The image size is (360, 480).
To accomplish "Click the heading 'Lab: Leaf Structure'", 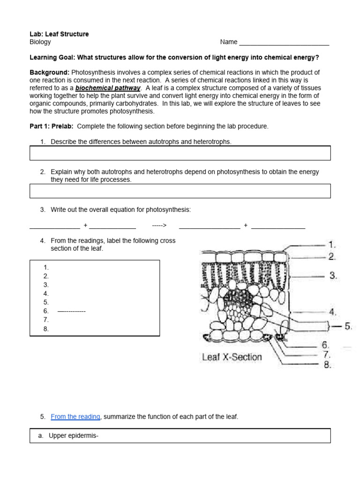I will (59, 34).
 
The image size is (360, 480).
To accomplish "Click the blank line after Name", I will (284, 43).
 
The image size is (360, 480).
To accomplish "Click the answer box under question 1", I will (180, 153).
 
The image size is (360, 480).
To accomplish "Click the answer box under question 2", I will (180, 191).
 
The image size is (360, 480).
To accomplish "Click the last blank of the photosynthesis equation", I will (278, 226).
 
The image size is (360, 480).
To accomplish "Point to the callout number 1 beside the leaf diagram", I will (332, 245).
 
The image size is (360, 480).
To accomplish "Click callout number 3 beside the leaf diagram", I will (333, 276).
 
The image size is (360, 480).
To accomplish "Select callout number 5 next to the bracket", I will (348, 326).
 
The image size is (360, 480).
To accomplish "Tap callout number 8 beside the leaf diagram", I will (327, 365).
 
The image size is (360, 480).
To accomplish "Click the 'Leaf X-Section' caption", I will (232, 357).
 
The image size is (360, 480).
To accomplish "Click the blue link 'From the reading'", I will (75, 417).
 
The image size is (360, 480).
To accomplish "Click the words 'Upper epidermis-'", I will (74, 436).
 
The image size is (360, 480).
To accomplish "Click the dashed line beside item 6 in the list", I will (71, 311).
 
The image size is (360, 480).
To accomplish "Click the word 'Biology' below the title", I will (40, 42).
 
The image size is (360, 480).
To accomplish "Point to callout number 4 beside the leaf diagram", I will (332, 312).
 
